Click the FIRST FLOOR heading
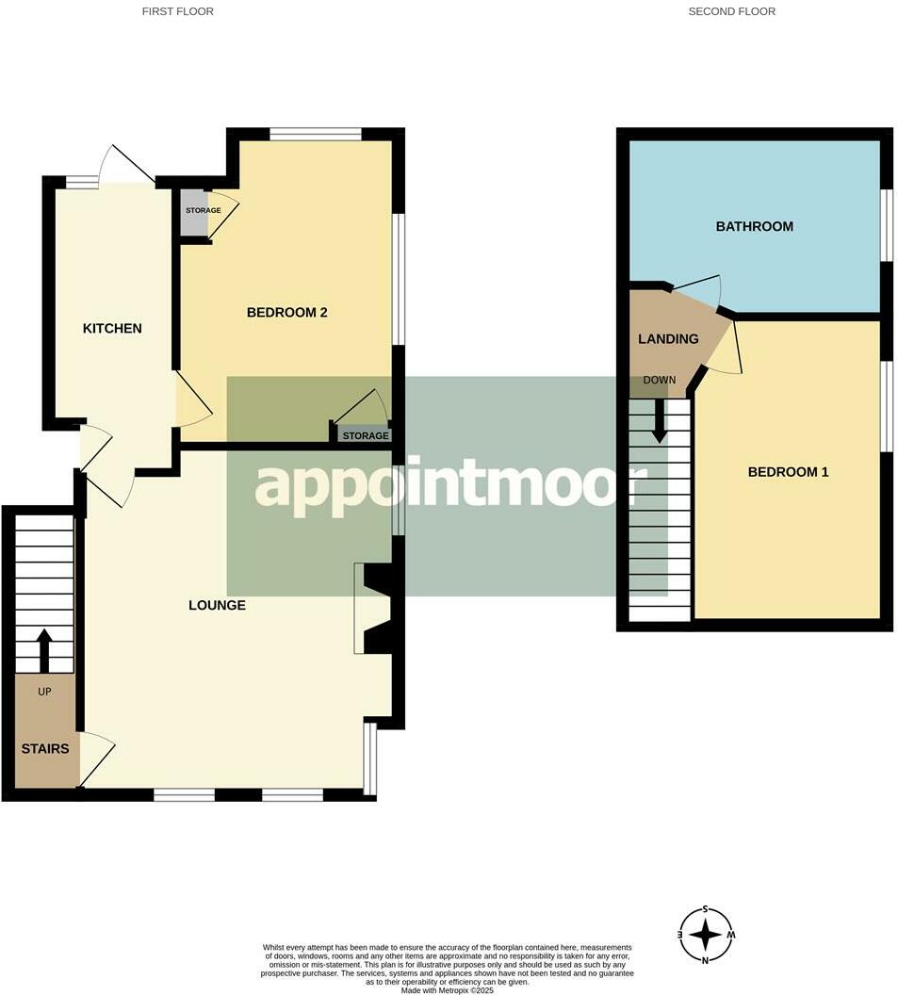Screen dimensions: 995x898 coord(177,11)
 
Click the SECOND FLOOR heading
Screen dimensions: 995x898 coord(731,11)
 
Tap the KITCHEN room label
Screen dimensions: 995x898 coord(112,328)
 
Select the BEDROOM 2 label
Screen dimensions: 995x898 coord(286,312)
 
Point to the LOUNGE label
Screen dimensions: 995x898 coord(217,605)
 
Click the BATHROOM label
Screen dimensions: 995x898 coord(754,226)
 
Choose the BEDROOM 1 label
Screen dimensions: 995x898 coord(788,471)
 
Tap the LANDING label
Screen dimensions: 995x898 coord(668,339)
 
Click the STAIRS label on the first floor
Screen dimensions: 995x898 coord(45,749)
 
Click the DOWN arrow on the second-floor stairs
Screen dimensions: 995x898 coord(660,420)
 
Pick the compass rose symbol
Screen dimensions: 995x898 coord(706,935)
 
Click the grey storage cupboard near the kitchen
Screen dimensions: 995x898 coord(194,213)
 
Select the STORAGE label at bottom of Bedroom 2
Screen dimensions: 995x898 coord(365,436)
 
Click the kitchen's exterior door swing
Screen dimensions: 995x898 coord(127,165)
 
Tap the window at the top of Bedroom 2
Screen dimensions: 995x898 coord(315,134)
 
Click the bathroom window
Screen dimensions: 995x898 coord(886,224)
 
